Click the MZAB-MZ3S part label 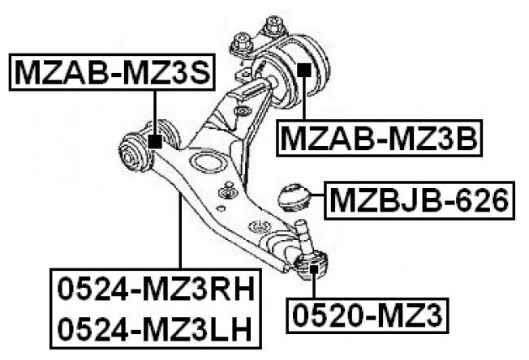(x=113, y=74)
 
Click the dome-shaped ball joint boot (x=294, y=197)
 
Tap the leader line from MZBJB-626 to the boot (x=316, y=198)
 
